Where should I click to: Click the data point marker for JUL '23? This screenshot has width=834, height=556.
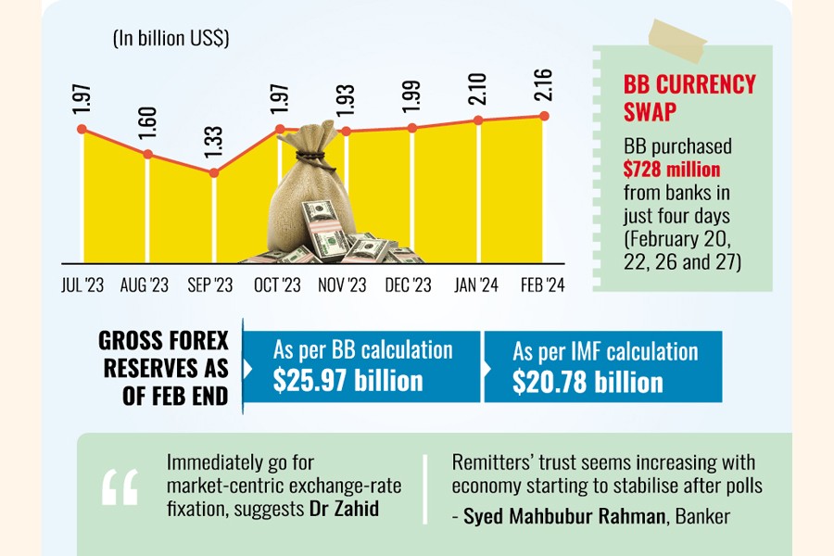coord(82,129)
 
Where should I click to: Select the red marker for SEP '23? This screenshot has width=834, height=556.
coord(214,172)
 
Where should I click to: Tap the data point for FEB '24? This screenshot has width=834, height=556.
coord(544,116)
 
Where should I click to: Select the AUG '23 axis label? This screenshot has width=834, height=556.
coord(145,285)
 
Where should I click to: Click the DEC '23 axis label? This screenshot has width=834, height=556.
coord(410,285)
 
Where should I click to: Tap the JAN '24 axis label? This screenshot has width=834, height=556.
coord(476,285)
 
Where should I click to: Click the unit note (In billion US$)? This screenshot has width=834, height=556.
coord(171,39)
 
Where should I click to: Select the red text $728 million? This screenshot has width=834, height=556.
coord(672,170)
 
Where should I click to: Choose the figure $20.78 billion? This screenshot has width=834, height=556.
coord(588,381)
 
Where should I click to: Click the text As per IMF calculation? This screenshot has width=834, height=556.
coord(605,351)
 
